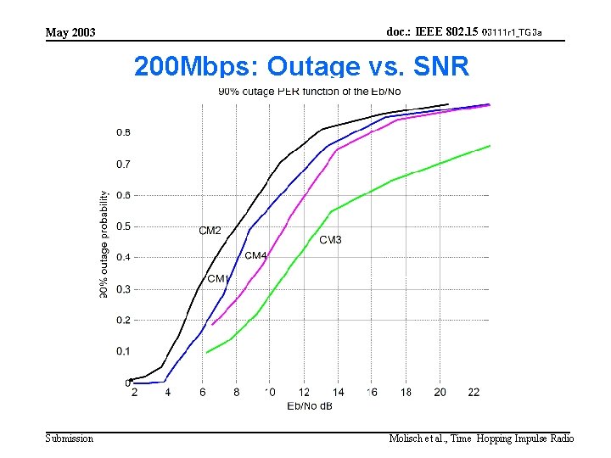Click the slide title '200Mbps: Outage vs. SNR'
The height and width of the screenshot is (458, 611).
[301, 66]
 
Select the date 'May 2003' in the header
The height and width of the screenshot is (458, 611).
[70, 33]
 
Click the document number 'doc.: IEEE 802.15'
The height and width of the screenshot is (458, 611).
[432, 31]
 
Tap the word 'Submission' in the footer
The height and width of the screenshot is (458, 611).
[70, 438]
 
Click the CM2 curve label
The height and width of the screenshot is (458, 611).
[210, 231]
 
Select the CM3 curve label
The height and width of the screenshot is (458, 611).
[330, 240]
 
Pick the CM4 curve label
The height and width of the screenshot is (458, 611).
[255, 255]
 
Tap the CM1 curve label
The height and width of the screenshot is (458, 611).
[217, 279]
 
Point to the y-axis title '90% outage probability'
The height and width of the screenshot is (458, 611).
[104, 243]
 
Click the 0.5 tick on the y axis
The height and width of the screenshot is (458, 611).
[123, 226]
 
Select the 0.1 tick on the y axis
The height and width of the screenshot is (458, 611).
[123, 351]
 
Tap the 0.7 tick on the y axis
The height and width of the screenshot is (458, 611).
[123, 164]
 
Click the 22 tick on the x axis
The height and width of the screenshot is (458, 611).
[474, 392]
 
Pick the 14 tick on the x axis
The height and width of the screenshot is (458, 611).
[338, 392]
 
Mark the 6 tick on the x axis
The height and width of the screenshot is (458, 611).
[202, 392]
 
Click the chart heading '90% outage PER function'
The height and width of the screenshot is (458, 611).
[310, 92]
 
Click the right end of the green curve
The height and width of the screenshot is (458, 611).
[490, 146]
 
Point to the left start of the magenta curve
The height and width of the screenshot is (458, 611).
[212, 324]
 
